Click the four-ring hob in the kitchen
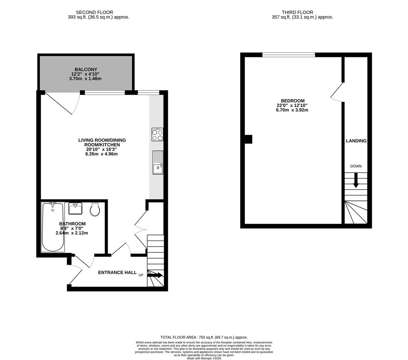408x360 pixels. coord(157,135)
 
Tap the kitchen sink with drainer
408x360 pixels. coord(158,162)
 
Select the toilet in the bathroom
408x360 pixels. coord(95,209)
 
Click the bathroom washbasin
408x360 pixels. coord(75,209)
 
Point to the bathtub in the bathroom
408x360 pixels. coord(53,227)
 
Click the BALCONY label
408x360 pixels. coord(86,69)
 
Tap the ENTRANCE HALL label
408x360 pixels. coord(117,272)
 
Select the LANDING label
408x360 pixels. coord(356,141)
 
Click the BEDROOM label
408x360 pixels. coord(293,101)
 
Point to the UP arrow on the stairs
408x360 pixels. coord(155,275)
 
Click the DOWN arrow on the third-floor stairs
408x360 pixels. coord(356,180)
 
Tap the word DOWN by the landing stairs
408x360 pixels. coord(356,166)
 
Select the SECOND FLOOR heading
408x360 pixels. coord(94,12)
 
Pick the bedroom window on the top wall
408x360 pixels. coord(289,55)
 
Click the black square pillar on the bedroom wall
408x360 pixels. coord(248,139)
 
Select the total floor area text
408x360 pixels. coord(204,337)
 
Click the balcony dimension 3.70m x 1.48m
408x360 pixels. coord(85,79)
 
